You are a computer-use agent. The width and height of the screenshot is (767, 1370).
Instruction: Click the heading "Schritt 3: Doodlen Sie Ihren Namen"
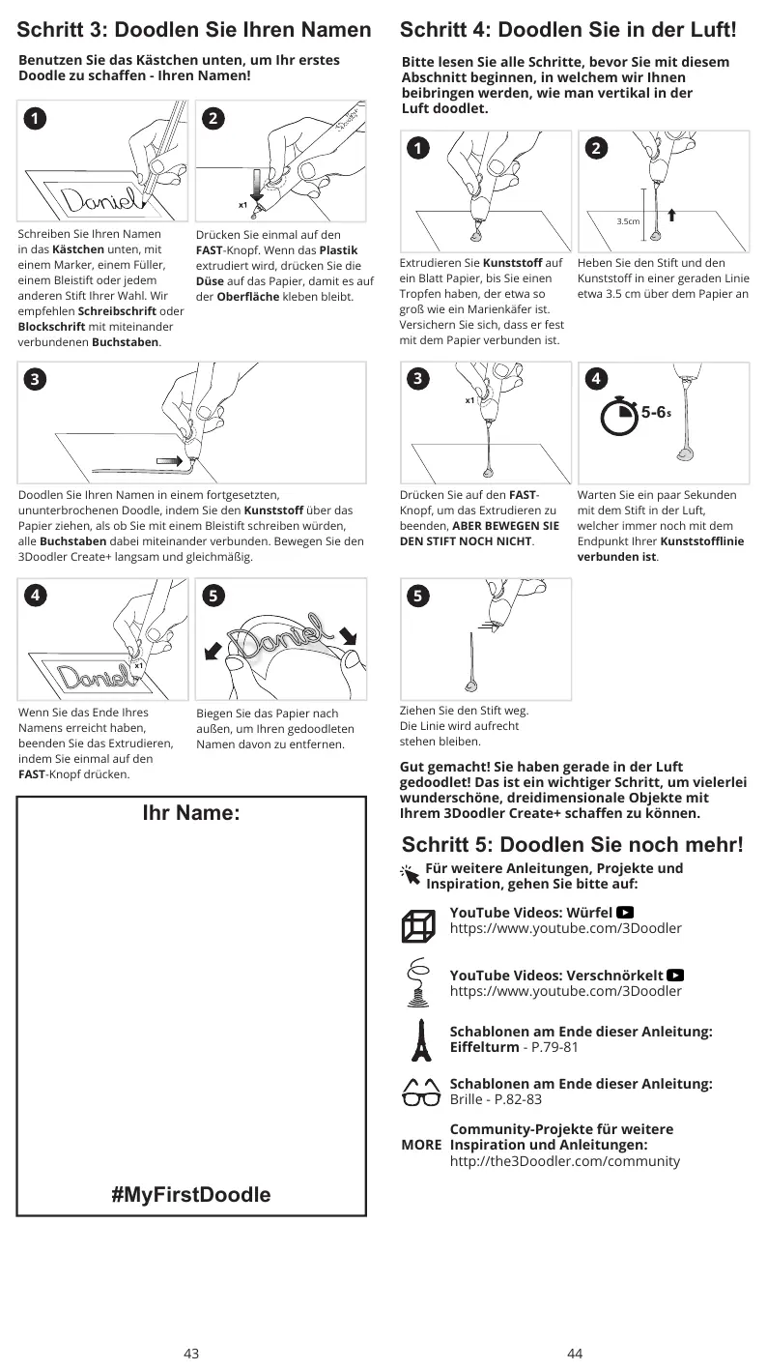[x=194, y=30]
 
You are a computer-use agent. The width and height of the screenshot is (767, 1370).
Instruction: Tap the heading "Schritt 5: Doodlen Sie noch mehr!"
[x=572, y=844]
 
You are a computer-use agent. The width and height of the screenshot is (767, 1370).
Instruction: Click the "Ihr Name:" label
[x=191, y=813]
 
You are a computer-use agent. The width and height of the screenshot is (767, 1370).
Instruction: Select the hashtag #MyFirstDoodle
[x=191, y=1194]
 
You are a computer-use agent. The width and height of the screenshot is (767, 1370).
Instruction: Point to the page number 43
[x=191, y=1354]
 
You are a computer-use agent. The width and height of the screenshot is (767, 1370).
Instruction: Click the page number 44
[x=575, y=1354]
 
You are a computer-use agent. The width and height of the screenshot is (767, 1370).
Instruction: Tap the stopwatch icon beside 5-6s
[x=619, y=415]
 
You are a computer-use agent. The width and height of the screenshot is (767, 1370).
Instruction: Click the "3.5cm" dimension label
[x=628, y=221]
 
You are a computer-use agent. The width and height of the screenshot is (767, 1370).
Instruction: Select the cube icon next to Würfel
[x=418, y=925]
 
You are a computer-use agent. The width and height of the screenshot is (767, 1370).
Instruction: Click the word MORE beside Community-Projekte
[x=421, y=1145]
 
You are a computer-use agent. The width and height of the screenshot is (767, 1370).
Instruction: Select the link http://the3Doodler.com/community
[x=564, y=1161]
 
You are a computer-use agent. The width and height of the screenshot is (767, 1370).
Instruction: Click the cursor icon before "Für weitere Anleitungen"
[x=411, y=874]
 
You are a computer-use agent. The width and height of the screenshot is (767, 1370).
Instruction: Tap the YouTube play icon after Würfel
[x=625, y=912]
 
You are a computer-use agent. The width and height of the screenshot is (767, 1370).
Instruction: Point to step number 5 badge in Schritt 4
[x=416, y=597]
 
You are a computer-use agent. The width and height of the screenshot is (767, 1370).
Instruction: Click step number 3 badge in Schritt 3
[x=34, y=380]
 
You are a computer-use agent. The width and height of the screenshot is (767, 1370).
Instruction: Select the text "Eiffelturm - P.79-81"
[x=514, y=1047]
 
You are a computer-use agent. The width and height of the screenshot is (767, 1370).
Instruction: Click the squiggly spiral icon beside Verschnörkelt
[x=418, y=981]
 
